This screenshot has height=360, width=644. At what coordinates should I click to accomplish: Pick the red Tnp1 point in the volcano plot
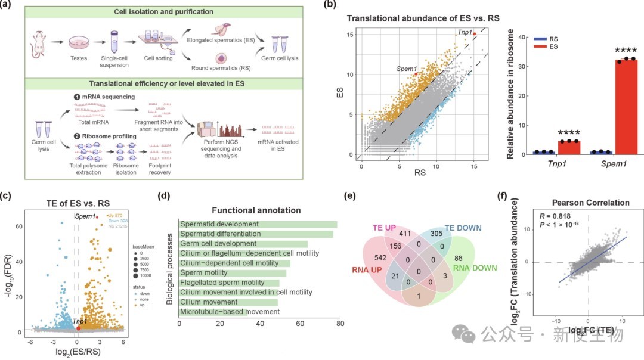click(x=79, y=328)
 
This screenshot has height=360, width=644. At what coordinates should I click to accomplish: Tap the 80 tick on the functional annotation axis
click(x=340, y=324)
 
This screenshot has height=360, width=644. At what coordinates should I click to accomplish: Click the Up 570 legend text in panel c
click(x=114, y=216)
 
